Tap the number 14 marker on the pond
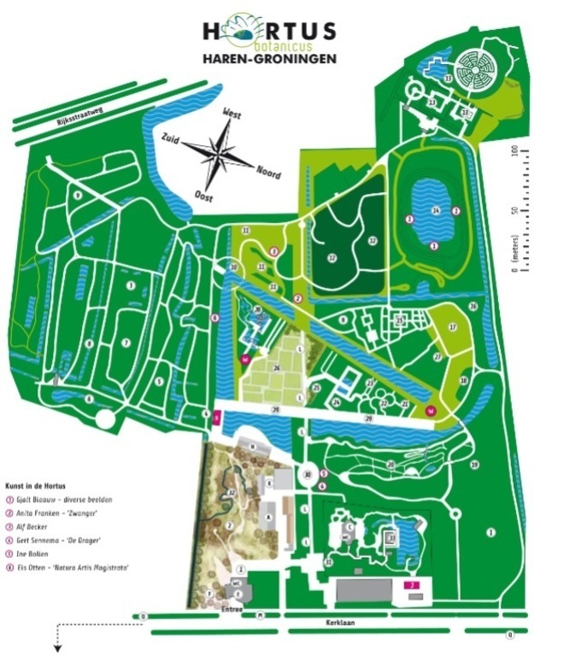[435, 211]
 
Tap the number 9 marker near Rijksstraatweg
[77, 196]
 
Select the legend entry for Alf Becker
[43, 527]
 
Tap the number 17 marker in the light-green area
[453, 327]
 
